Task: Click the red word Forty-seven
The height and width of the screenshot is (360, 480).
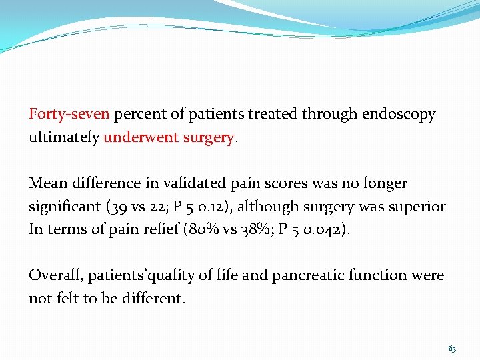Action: (69, 114)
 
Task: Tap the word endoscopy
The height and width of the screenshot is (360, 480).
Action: (399, 114)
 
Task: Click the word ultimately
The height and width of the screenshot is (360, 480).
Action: (64, 137)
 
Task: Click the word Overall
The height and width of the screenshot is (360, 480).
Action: (55, 275)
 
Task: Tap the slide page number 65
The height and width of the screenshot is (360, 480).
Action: (453, 348)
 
